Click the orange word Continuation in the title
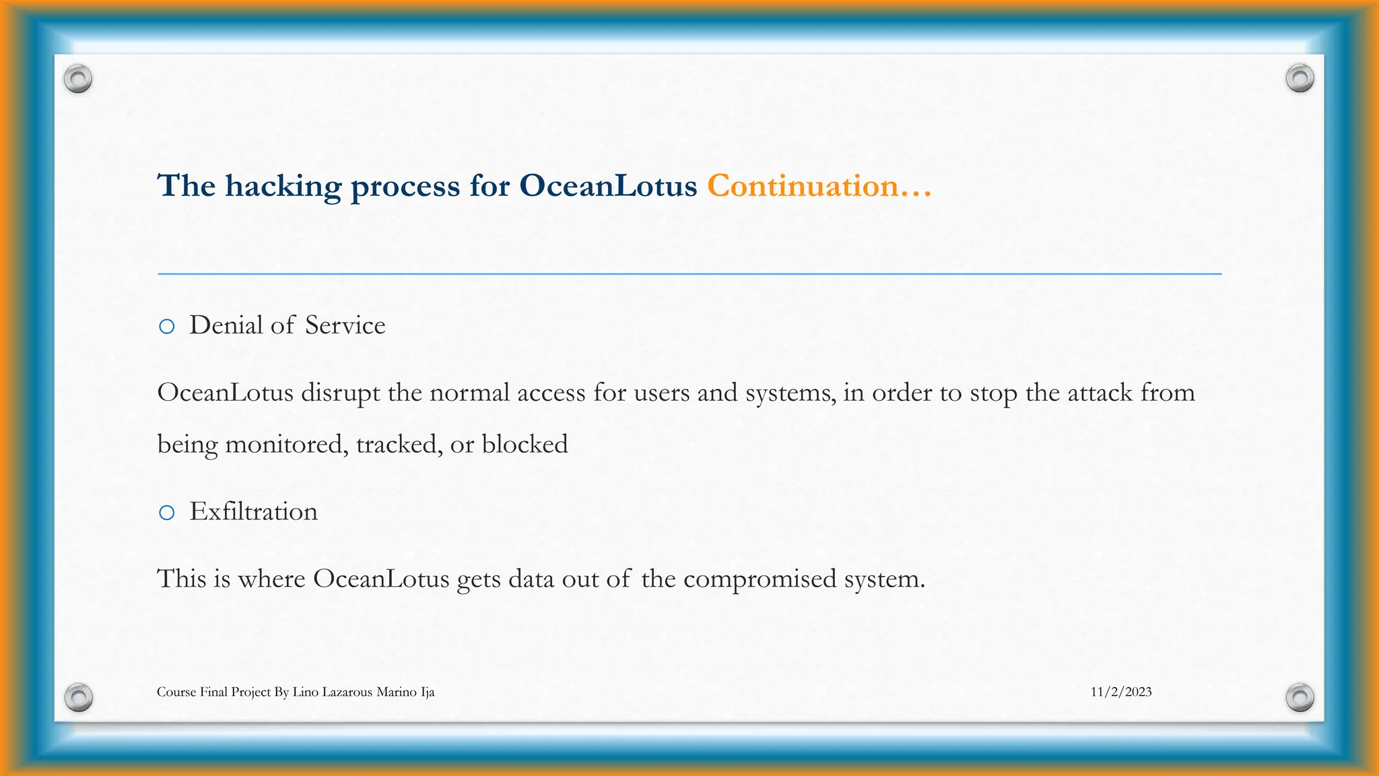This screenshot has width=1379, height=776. [x=803, y=186]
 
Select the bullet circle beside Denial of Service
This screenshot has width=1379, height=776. [x=166, y=327]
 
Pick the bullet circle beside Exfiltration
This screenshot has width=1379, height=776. [x=166, y=513]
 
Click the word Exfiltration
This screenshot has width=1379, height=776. [x=253, y=511]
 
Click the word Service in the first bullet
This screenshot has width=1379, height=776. [x=345, y=325]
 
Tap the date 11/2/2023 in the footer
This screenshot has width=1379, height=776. [x=1121, y=692]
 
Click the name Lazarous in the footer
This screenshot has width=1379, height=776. [x=347, y=692]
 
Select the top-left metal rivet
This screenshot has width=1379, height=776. [x=78, y=79]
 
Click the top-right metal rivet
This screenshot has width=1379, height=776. [x=1300, y=78]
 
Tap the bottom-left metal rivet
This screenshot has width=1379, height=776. [x=78, y=697]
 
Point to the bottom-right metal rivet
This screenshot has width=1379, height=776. [x=1300, y=697]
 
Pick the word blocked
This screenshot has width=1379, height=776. [x=525, y=445]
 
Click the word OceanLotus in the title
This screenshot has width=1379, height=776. [x=608, y=186]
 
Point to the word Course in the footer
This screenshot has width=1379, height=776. [x=176, y=692]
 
